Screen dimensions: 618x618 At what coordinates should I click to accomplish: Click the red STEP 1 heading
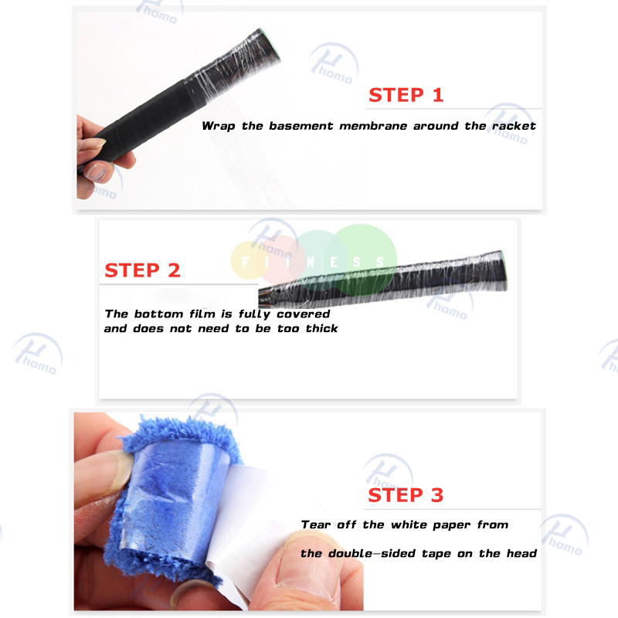click(x=406, y=95)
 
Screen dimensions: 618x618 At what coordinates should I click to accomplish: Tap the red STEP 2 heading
click(x=142, y=270)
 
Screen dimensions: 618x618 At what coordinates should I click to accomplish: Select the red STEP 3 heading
click(x=406, y=495)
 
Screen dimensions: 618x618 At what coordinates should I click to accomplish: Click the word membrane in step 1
click(x=373, y=126)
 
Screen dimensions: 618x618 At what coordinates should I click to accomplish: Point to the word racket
click(x=514, y=126)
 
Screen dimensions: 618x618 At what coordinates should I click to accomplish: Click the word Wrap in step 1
click(x=219, y=126)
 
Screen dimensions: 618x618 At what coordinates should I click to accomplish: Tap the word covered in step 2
click(x=303, y=314)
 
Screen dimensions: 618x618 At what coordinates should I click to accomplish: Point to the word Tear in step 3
click(x=315, y=525)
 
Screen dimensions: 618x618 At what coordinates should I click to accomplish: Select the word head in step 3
click(x=521, y=553)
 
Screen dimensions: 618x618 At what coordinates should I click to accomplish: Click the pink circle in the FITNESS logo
click(x=281, y=260)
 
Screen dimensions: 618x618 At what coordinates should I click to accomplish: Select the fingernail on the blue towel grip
click(x=117, y=471)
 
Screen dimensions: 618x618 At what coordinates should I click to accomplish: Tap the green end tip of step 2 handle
click(x=504, y=270)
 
